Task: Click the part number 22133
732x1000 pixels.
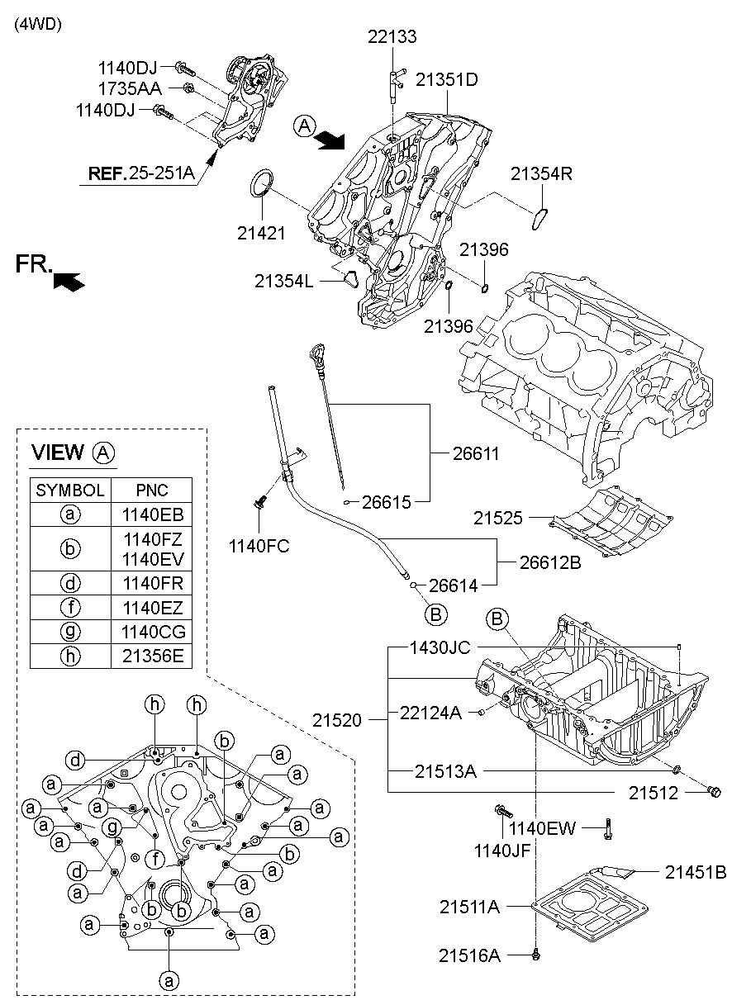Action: point(392,36)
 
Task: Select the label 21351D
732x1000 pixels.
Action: point(447,80)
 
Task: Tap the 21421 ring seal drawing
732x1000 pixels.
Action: point(261,182)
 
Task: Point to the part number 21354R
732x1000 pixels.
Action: point(541,173)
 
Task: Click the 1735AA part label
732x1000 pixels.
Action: point(130,89)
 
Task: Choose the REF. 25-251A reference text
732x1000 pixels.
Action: point(141,173)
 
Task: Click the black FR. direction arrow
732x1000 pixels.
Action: point(69,282)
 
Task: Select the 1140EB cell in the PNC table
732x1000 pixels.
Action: point(152,514)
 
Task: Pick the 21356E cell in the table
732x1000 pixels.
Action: point(152,656)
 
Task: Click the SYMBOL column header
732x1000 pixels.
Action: point(69,491)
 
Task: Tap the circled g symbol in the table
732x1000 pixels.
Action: point(70,632)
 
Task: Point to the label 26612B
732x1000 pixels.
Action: point(550,562)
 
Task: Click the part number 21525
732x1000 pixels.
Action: point(497,518)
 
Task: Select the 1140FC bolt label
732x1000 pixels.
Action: point(259,546)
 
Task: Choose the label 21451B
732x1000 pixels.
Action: point(696,872)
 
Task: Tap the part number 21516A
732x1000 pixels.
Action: point(469,955)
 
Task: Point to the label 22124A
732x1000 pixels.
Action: point(430,713)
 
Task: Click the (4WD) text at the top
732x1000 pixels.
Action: point(38,24)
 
